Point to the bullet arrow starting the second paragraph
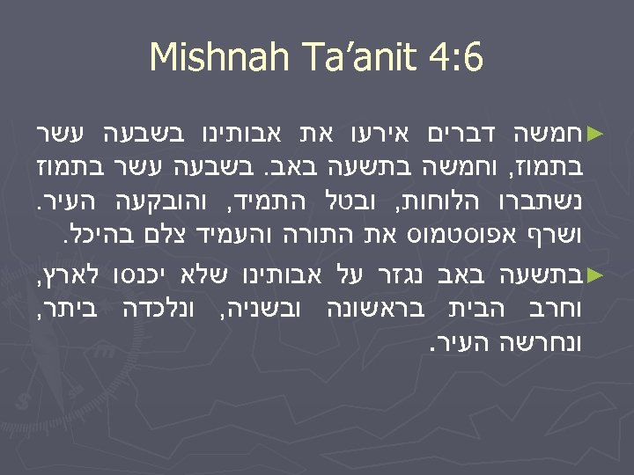coord(595,274)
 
